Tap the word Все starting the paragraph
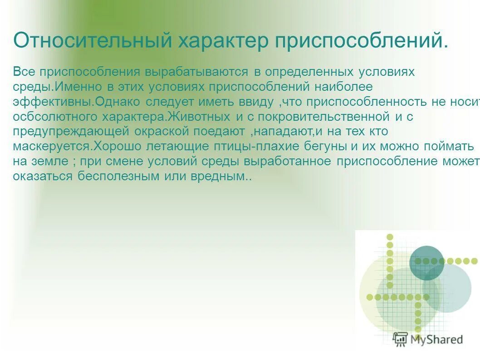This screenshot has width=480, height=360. click(24, 72)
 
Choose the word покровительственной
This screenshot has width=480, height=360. click(322, 117)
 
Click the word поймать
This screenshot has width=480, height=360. click(448, 147)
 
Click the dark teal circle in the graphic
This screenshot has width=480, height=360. click(427, 263)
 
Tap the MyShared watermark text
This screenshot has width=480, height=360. click(436, 339)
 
